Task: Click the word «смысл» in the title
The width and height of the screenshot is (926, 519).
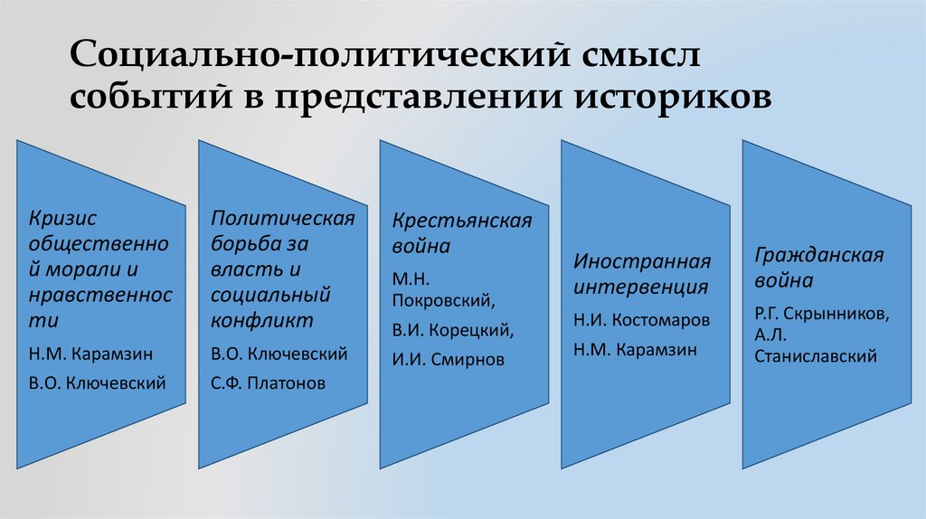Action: (633, 57)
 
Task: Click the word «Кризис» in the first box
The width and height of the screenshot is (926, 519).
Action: (61, 218)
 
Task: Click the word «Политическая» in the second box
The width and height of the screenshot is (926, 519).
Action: (283, 218)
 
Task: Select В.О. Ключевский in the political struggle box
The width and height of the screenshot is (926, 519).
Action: (279, 354)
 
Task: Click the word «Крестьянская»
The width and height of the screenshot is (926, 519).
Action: (462, 222)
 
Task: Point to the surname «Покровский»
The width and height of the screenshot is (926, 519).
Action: (441, 297)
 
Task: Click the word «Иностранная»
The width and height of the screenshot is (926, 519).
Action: (642, 261)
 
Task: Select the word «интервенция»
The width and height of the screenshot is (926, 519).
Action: (640, 288)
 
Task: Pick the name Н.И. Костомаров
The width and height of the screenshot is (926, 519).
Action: (641, 320)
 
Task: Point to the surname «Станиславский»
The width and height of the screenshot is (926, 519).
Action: (816, 356)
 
